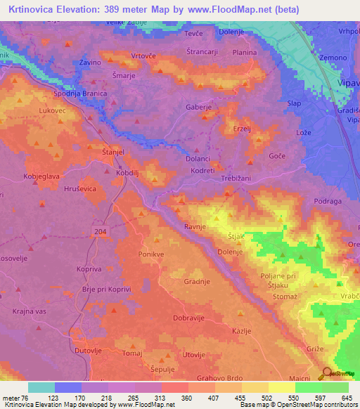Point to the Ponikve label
point(153,254)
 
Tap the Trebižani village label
point(243,178)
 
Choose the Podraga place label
point(327,201)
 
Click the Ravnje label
point(195,226)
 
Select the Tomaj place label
point(132,353)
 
